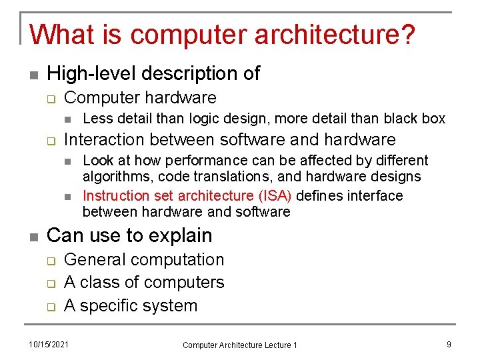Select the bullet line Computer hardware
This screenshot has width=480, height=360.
(x=140, y=97)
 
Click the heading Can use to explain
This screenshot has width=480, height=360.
(x=129, y=235)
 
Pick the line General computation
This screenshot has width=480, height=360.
(x=144, y=259)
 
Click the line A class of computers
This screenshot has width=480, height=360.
(x=144, y=283)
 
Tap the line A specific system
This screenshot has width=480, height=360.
(x=131, y=306)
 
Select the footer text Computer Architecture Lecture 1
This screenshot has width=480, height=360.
(x=240, y=345)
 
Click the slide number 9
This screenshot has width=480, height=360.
(x=449, y=344)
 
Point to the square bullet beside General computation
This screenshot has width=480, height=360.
(x=50, y=261)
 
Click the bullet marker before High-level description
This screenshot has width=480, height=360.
(x=33, y=74)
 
